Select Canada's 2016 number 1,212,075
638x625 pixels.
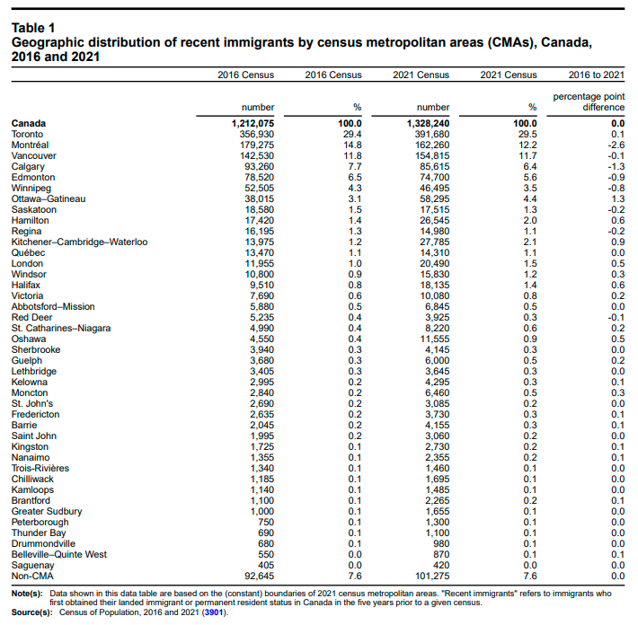pyautogui.click(x=247, y=123)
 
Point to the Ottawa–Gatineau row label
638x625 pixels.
pyautogui.click(x=49, y=198)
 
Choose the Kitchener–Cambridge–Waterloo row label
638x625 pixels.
pyautogui.click(x=79, y=242)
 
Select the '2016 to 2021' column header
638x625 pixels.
pyautogui.click(x=598, y=75)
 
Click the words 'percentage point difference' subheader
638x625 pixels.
pyautogui.click(x=589, y=101)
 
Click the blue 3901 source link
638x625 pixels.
pyautogui.click(x=214, y=612)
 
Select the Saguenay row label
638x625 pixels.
pyautogui.click(x=32, y=565)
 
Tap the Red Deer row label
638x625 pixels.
pyautogui.click(x=31, y=317)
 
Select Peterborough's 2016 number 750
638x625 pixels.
pyautogui.click(x=266, y=522)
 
